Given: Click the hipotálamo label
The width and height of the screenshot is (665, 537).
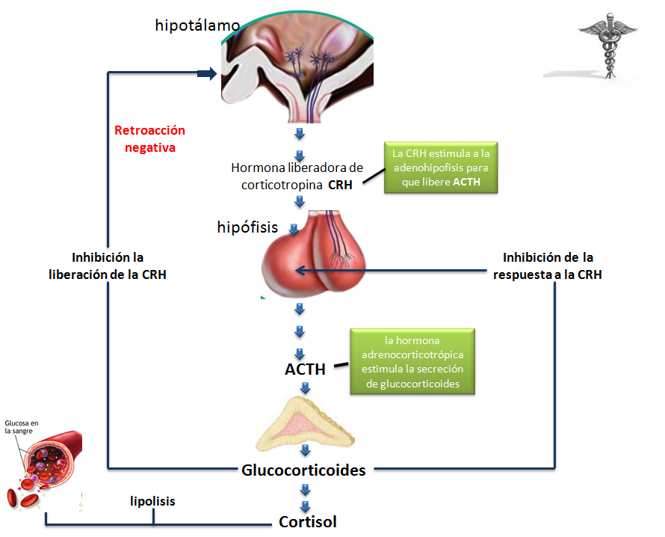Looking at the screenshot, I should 197,25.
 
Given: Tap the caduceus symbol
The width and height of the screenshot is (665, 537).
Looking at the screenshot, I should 607,48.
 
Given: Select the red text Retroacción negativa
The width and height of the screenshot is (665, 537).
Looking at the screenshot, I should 149,139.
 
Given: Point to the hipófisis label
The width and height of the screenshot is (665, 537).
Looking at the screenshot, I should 247,227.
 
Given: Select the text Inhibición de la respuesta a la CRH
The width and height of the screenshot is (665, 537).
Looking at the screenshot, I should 548,266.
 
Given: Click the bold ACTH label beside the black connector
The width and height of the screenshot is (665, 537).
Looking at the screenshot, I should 305,369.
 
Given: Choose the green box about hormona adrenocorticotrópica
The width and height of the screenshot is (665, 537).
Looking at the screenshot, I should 412,362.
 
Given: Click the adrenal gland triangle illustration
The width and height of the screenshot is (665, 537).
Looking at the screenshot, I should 305,422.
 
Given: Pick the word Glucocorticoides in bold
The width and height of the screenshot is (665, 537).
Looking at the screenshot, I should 303,470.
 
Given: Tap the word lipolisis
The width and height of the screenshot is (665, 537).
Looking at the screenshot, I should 152,501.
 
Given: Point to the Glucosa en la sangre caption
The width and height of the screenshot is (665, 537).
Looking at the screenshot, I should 20,426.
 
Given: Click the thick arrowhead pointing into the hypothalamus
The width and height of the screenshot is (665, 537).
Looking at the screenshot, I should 207,73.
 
